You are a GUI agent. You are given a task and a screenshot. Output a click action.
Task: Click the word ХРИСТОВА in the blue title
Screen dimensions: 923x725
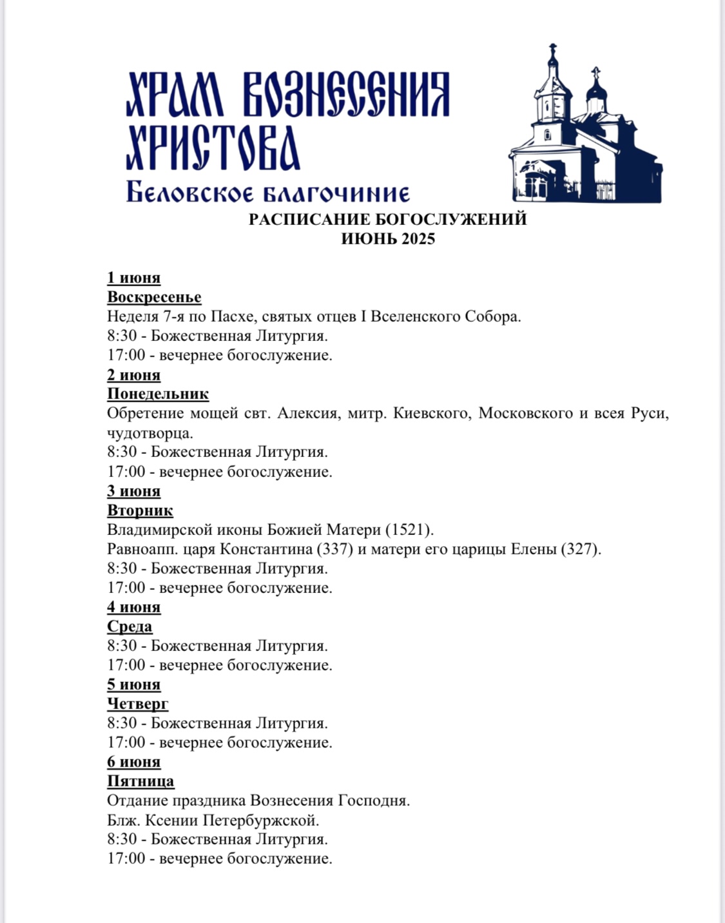213,148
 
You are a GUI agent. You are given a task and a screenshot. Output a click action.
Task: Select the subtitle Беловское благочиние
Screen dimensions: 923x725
267,192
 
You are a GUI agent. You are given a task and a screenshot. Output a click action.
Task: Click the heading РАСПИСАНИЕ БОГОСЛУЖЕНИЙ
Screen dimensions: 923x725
388,219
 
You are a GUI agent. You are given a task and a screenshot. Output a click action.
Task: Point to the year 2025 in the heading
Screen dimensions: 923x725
418,238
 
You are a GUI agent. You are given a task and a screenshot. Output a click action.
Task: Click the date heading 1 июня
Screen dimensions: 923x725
133,278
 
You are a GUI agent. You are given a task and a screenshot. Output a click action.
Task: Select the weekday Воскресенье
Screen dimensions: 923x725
154,297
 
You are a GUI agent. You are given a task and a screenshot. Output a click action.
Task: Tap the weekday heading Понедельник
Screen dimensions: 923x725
158,394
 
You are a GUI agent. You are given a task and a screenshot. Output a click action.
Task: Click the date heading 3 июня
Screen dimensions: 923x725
133,491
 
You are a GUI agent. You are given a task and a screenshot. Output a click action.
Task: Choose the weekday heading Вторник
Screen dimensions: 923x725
140,510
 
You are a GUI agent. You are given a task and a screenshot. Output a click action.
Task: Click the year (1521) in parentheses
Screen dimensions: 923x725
409,530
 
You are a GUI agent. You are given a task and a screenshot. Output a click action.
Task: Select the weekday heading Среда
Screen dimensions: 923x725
130,627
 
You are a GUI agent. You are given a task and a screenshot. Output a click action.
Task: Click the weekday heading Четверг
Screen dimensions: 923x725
137,704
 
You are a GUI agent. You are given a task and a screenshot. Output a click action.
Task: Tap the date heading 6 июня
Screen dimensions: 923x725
133,762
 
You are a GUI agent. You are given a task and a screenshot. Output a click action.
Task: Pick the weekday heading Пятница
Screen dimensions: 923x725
140,781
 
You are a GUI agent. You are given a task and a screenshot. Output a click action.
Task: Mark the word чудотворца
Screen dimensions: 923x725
150,432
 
